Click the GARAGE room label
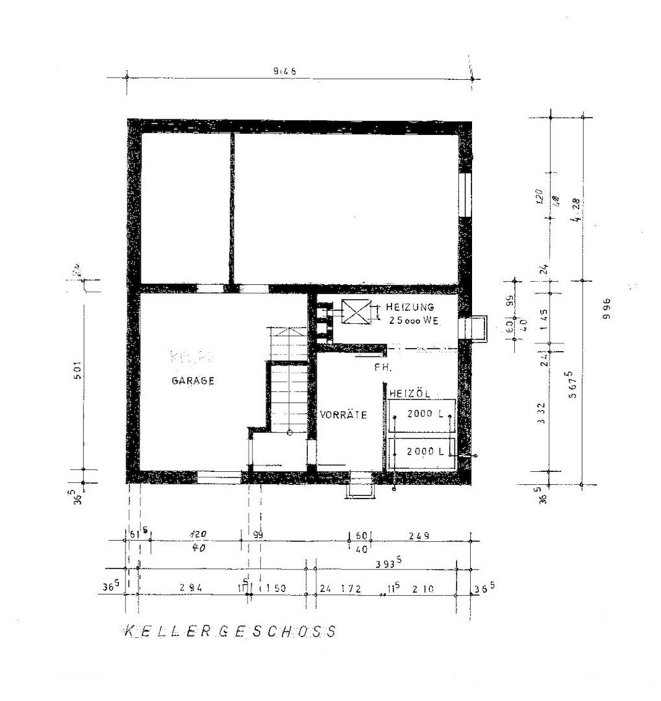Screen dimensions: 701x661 [193, 381]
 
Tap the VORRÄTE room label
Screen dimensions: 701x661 [343, 415]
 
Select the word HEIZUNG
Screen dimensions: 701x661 [410, 307]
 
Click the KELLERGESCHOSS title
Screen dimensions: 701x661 [230, 631]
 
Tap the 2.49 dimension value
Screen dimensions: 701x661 [419, 536]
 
